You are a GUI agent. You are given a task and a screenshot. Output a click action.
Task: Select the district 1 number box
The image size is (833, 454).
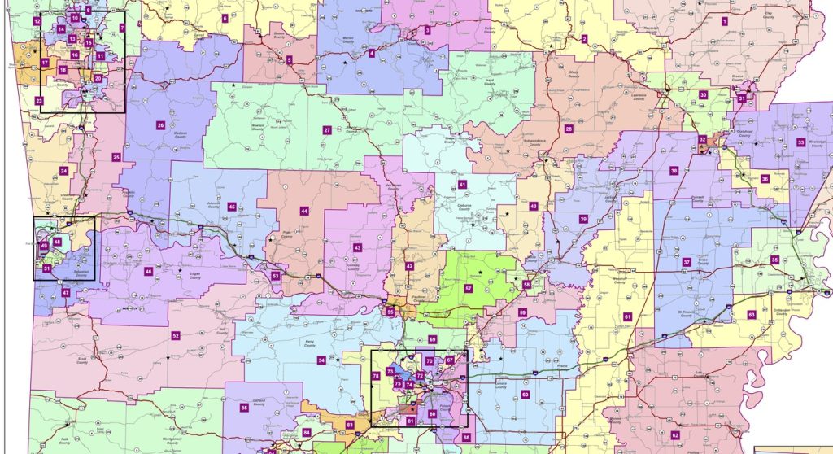[724, 19]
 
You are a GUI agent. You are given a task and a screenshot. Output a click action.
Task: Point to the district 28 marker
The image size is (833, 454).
[569, 129]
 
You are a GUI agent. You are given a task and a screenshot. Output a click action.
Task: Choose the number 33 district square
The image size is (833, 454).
[800, 142]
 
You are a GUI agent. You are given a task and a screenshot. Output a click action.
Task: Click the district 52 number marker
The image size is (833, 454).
[175, 335]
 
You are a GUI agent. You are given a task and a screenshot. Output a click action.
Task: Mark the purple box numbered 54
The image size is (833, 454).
[321, 360]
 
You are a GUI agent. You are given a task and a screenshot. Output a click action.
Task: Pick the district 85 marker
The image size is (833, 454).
[243, 407]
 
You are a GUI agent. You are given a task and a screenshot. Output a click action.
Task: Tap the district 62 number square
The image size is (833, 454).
[674, 434]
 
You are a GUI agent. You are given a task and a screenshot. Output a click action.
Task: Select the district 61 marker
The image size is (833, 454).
[627, 316]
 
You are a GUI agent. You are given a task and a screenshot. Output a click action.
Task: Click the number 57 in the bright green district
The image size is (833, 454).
[468, 289]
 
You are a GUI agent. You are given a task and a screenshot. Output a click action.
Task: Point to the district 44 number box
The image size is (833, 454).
[303, 211]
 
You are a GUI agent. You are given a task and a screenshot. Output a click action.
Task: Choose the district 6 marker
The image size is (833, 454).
[225, 17]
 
